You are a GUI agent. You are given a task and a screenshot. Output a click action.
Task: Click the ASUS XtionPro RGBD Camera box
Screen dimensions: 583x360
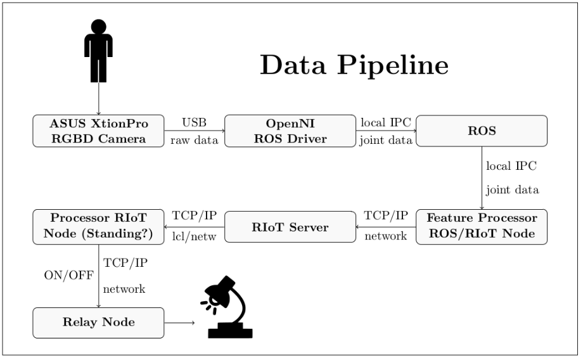tap(98, 131)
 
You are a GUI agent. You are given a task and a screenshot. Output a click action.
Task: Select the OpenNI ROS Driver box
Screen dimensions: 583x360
tap(290, 131)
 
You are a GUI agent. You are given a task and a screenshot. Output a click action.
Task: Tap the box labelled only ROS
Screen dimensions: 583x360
tap(482, 131)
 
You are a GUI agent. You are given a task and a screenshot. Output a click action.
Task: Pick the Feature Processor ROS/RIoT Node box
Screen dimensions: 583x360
tap(482, 227)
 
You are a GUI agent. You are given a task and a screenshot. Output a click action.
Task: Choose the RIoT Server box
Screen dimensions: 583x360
tap(290, 227)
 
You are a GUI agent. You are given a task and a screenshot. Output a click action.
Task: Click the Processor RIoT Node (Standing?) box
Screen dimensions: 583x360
tap(98, 227)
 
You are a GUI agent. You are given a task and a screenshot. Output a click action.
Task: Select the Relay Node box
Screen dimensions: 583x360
tap(98, 323)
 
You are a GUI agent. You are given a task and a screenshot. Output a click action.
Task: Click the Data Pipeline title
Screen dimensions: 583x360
tap(354, 65)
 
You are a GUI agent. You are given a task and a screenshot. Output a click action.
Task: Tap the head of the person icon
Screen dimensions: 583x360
tap(98, 27)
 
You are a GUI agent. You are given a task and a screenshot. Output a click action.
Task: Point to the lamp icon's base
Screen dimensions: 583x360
tap(230, 331)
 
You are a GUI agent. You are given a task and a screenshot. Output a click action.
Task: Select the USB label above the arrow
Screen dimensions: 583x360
tap(194, 122)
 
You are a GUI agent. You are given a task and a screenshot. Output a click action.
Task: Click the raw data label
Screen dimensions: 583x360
tap(194, 140)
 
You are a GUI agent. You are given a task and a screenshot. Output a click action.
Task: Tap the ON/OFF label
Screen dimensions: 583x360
tap(69, 275)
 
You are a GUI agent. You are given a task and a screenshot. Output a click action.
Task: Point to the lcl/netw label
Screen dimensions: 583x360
tap(194, 236)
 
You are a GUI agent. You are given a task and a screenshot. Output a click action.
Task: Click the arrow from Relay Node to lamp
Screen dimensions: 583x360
tap(179, 323)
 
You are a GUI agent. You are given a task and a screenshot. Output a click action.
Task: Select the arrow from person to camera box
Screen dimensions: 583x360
tap(98, 98)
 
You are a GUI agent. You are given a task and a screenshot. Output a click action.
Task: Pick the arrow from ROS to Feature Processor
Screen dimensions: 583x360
tap(482, 178)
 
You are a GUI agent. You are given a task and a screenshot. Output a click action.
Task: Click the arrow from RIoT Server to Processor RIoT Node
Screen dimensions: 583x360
tap(195, 227)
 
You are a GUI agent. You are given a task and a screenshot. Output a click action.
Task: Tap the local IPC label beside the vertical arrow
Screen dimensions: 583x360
tap(511, 166)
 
